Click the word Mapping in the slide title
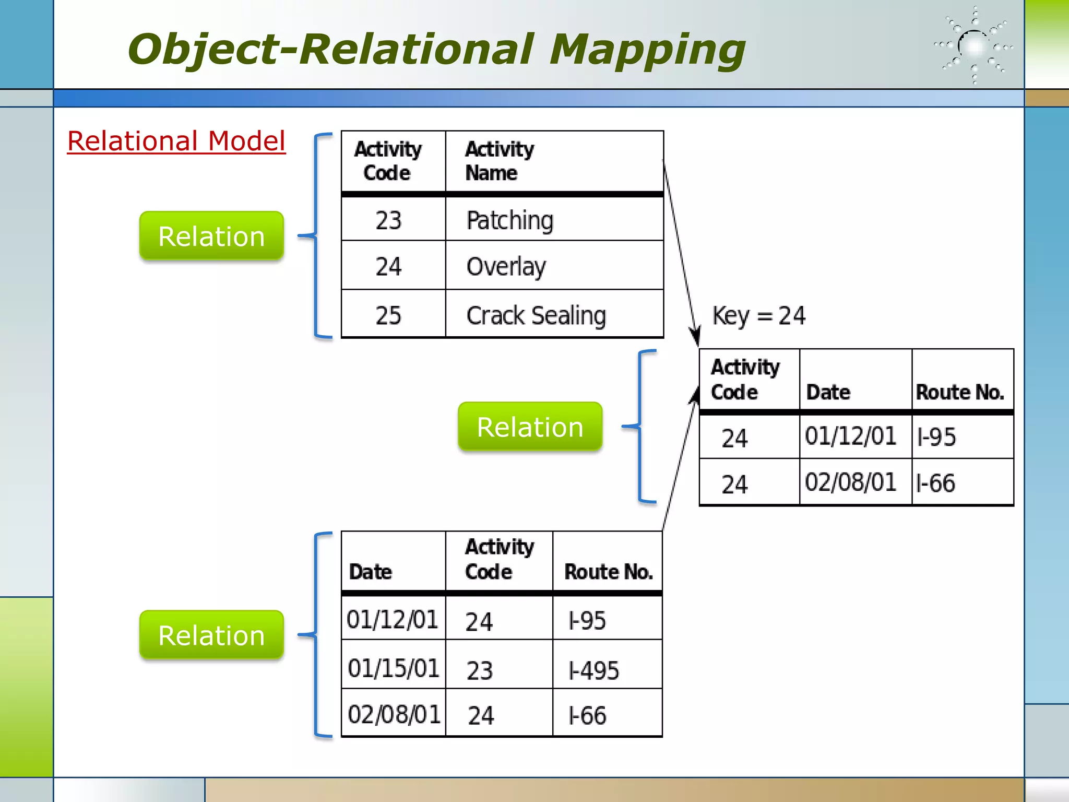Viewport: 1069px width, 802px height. (x=647, y=50)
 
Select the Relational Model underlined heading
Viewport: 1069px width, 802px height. (x=176, y=141)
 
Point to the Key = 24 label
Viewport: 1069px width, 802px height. (x=758, y=316)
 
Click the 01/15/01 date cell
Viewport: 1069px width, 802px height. (x=394, y=668)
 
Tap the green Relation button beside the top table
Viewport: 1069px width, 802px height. (x=211, y=236)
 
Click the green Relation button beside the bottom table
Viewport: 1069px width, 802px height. (x=211, y=635)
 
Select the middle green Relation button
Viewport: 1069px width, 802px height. (x=530, y=427)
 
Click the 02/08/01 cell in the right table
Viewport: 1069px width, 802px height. (x=850, y=482)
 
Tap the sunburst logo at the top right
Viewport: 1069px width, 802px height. (x=974, y=46)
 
